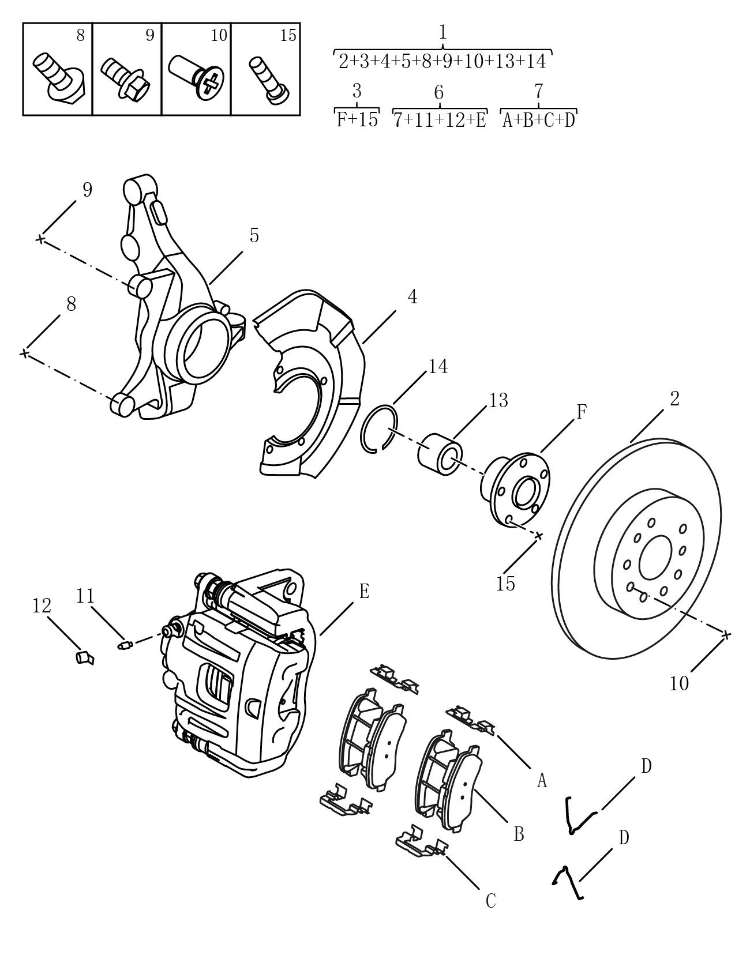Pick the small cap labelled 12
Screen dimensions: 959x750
(85, 657)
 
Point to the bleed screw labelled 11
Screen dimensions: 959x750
(125, 644)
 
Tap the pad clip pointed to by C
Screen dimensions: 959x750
(421, 845)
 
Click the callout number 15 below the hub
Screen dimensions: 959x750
(505, 584)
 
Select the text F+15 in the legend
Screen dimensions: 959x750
(357, 119)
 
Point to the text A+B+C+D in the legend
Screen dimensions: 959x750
(539, 120)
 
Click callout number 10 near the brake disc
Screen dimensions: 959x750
(680, 683)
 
